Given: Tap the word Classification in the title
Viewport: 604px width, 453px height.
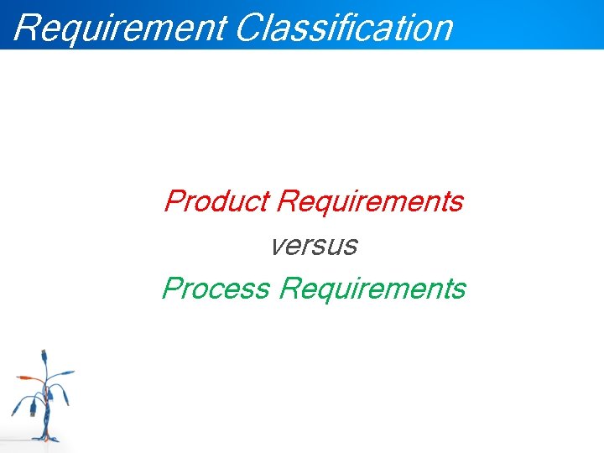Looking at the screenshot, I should click(x=344, y=26).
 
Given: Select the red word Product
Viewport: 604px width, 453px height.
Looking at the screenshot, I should click(x=216, y=202).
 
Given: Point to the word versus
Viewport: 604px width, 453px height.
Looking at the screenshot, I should click(x=314, y=246).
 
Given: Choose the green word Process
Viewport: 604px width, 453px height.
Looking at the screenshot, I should click(x=216, y=289).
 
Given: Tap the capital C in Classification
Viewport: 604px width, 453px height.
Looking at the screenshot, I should click(x=250, y=27).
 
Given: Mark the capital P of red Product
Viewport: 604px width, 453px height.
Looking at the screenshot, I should click(x=174, y=201).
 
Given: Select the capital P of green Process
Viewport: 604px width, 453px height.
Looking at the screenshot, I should click(x=172, y=289).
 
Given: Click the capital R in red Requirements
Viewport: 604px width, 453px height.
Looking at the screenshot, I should click(x=287, y=202).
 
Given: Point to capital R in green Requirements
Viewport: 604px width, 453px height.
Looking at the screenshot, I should click(x=290, y=289).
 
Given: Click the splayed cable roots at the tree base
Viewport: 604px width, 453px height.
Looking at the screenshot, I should click(x=47, y=438).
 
